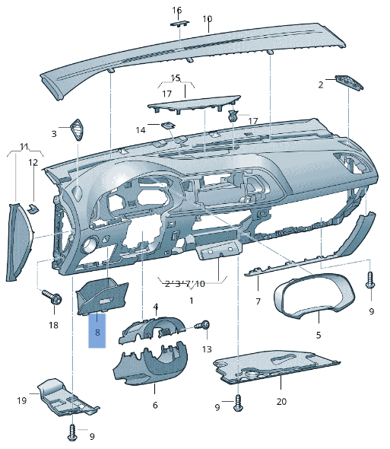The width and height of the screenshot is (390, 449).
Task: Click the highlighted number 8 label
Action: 98,333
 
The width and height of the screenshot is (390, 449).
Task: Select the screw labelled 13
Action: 206,325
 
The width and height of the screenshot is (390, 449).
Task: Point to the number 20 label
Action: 281,401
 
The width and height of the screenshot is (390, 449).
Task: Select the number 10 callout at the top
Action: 208,18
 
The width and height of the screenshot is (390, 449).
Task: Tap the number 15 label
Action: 176,78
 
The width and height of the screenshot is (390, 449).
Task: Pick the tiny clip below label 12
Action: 33,205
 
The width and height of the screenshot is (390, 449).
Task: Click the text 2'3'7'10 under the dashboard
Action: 185,284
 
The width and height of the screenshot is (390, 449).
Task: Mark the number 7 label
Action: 258,302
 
